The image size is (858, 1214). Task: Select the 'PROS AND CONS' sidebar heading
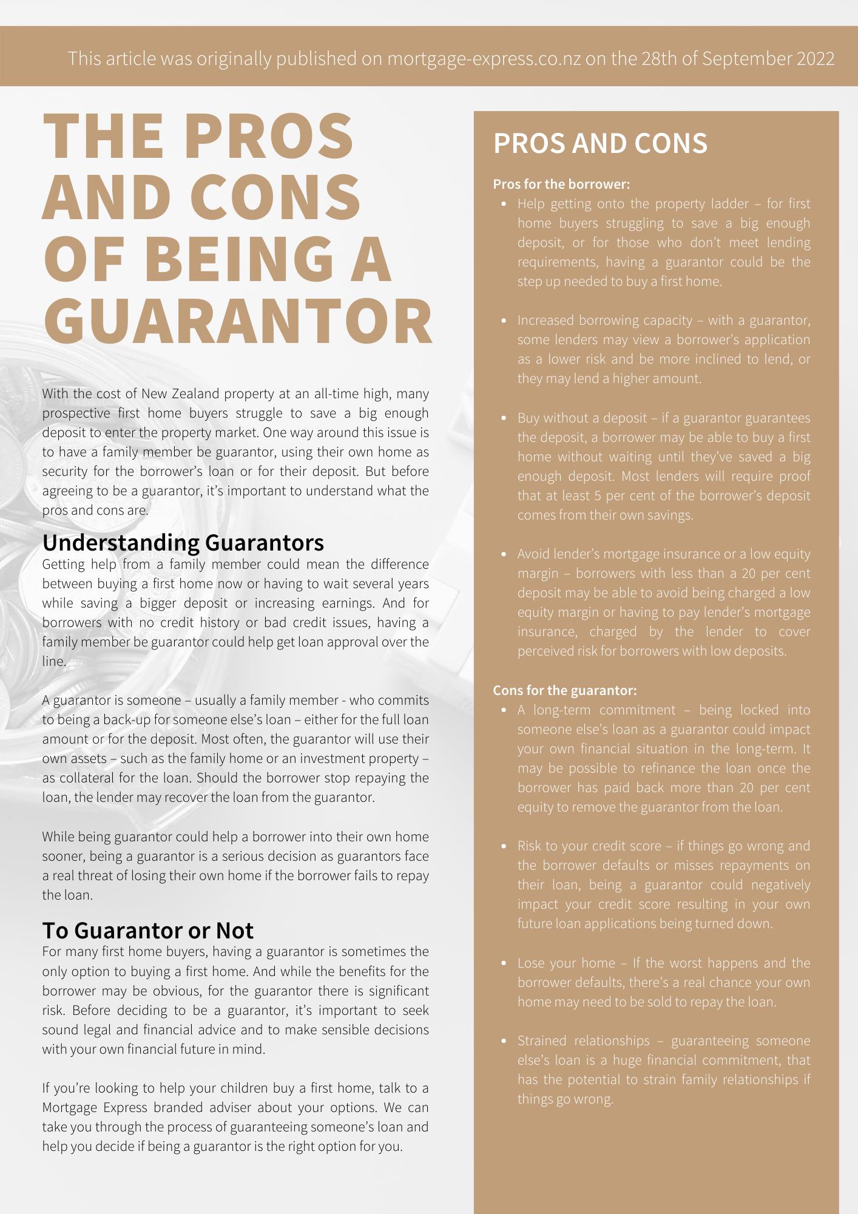600,144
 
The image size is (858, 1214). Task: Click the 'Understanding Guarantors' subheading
183,542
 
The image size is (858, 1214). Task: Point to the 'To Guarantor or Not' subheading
147,930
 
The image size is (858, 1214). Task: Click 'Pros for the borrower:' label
561,184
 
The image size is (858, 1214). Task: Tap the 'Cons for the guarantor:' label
564,690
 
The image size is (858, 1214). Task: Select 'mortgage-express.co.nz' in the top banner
484,59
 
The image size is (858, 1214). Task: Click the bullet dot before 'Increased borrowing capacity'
504,320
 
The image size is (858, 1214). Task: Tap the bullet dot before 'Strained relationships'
504,1041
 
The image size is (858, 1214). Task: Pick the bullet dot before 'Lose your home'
504,963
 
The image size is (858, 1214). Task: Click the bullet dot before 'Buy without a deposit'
504,418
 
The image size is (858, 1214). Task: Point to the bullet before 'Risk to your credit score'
504,846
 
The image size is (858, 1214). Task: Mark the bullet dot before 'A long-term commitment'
504,710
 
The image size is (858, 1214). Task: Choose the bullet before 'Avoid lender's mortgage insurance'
504,554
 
